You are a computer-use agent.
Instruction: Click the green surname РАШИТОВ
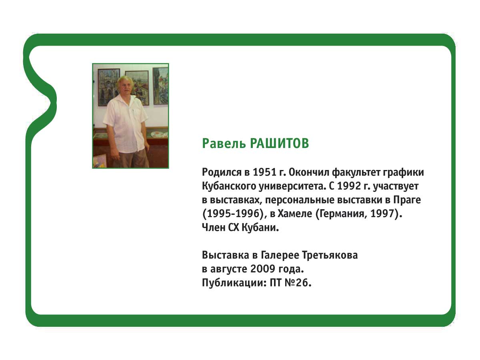tap(279, 143)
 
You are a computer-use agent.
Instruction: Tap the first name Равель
tap(224, 144)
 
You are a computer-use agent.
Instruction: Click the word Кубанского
tap(229, 186)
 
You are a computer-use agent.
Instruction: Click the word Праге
tap(407, 200)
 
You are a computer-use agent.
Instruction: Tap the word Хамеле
tap(295, 214)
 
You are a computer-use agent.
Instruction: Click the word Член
tap(214, 228)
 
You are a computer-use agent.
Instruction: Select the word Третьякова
tap(330, 255)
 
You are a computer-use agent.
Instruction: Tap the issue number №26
tap(298, 283)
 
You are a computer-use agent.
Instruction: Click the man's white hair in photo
tap(125, 80)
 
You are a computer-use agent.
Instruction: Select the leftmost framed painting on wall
tap(109, 87)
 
